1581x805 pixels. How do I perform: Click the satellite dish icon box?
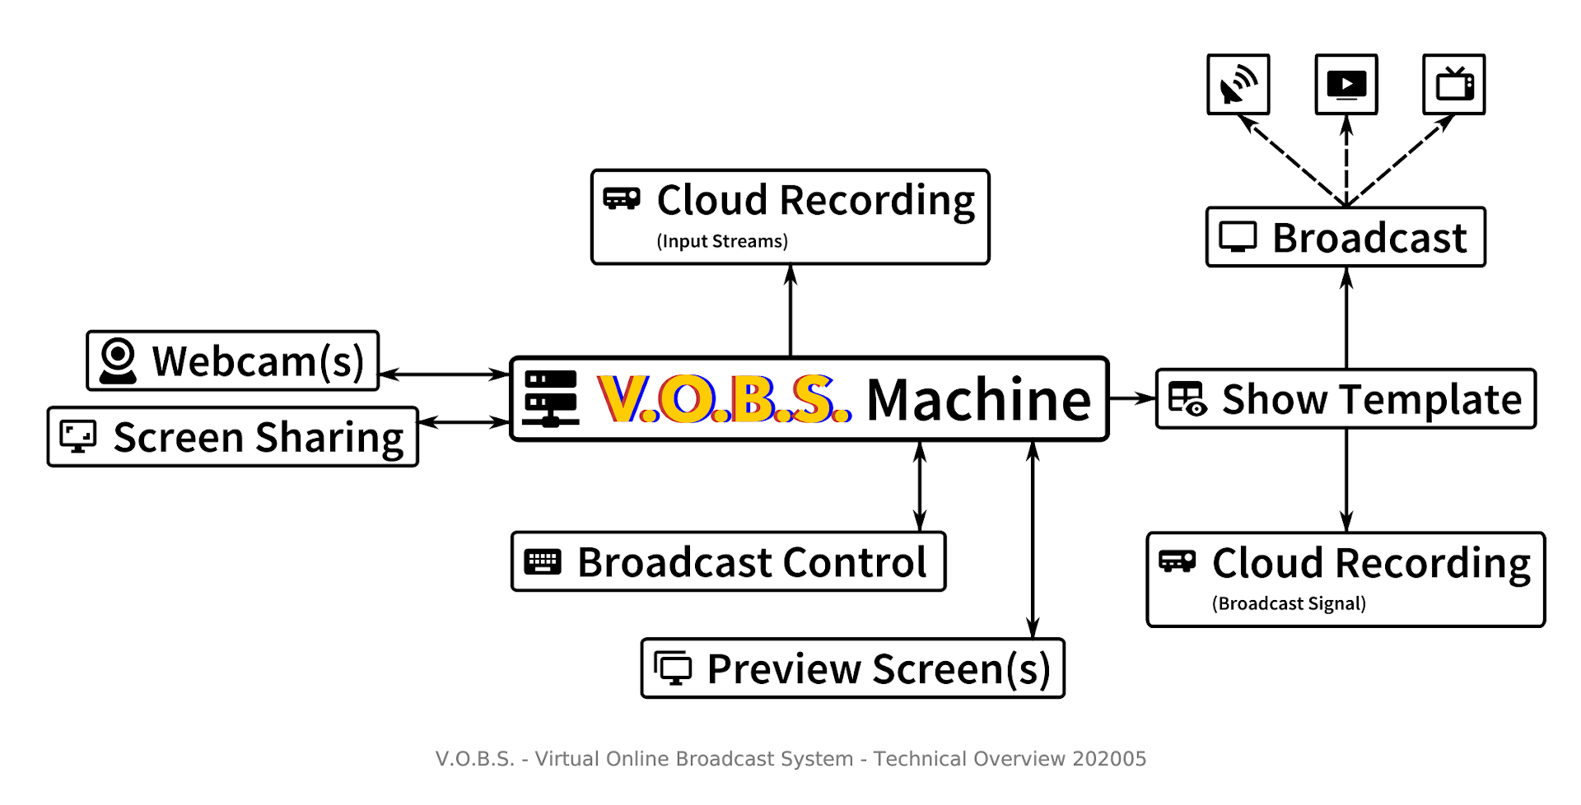click(x=1238, y=84)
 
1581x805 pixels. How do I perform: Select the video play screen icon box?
click(x=1346, y=84)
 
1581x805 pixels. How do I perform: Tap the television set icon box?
click(x=1454, y=84)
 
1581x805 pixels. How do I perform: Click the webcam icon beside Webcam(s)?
click(x=118, y=361)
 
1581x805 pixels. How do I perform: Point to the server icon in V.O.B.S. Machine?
click(x=551, y=398)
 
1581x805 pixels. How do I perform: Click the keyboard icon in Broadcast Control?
click(x=543, y=562)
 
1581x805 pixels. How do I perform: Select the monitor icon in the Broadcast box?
click(x=1238, y=237)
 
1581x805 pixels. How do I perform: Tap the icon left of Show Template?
click(x=1187, y=398)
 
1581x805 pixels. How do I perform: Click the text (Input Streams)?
click(x=722, y=241)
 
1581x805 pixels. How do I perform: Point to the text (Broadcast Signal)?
click(x=1289, y=603)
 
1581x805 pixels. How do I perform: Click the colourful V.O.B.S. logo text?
click(x=725, y=399)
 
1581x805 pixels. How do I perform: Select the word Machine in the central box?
click(x=979, y=400)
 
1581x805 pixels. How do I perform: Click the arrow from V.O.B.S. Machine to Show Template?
click(x=1133, y=398)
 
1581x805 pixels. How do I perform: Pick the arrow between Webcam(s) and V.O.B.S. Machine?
click(x=445, y=375)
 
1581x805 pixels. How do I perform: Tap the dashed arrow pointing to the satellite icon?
click(x=1292, y=161)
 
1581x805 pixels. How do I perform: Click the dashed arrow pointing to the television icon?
click(x=1401, y=161)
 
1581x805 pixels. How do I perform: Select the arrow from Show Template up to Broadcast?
click(x=1346, y=318)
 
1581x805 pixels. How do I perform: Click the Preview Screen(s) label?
click(x=879, y=668)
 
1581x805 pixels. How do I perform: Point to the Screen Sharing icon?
click(x=78, y=436)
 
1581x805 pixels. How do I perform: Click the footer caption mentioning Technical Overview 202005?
click(x=790, y=758)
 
